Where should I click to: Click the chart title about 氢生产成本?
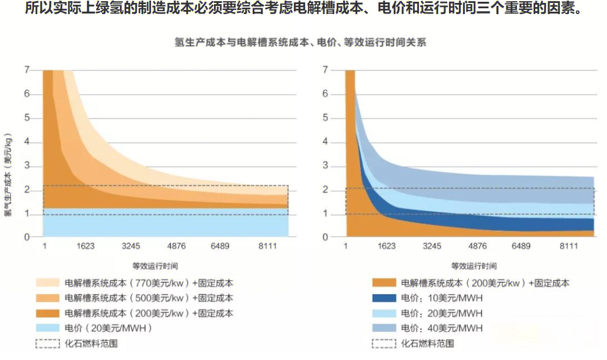point(300,43)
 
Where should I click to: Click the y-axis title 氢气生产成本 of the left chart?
point(8,176)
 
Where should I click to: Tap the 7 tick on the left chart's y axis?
point(27,70)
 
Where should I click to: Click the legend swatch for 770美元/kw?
point(48,283)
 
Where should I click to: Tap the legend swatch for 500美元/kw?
point(48,298)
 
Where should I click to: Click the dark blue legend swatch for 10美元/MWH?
point(384,298)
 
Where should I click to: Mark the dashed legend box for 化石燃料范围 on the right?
point(384,344)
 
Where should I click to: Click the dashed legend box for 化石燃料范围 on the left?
point(48,344)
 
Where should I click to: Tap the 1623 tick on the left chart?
point(85,247)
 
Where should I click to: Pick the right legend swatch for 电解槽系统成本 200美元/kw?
point(384,283)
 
